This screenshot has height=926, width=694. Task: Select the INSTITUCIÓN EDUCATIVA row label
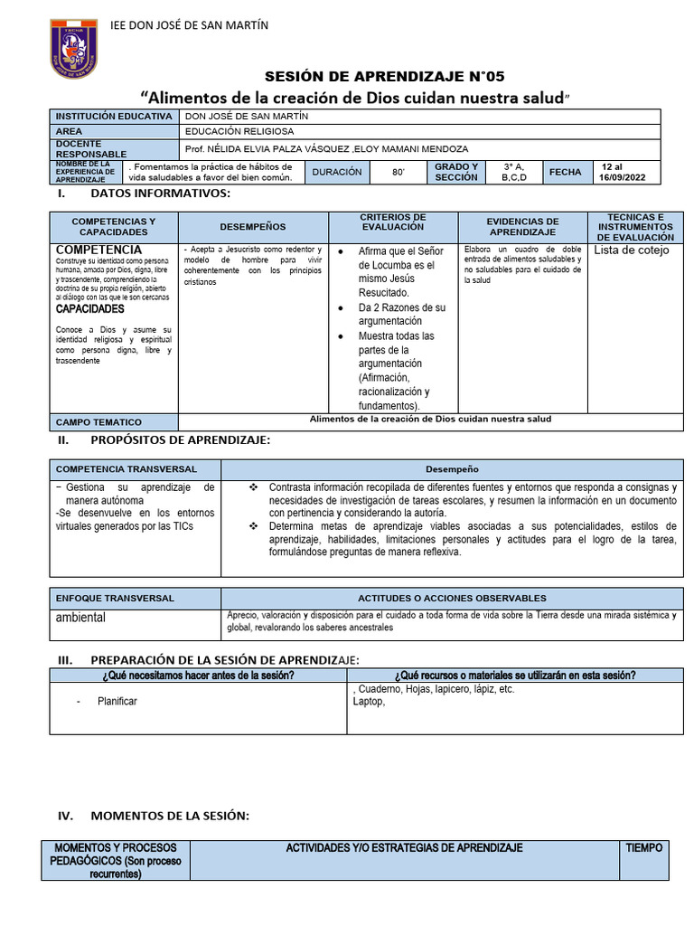pyautogui.click(x=114, y=117)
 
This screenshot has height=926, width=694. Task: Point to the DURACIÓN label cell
pyautogui.click(x=336, y=172)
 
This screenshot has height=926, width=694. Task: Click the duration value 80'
pyautogui.click(x=399, y=172)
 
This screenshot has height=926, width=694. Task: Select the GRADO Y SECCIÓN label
pyautogui.click(x=455, y=172)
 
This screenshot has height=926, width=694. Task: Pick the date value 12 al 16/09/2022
pyautogui.click(x=624, y=172)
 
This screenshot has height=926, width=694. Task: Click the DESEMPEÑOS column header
pyautogui.click(x=252, y=227)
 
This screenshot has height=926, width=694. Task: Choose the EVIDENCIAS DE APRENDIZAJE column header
pyautogui.click(x=522, y=227)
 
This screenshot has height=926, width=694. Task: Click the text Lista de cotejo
pyautogui.click(x=631, y=250)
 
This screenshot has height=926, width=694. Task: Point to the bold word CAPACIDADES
pyautogui.click(x=90, y=308)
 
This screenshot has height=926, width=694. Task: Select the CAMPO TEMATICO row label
pyautogui.click(x=99, y=422)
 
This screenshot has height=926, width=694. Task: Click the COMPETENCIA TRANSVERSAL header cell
pyautogui.click(x=126, y=469)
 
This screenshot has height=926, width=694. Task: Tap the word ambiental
pyautogui.click(x=80, y=618)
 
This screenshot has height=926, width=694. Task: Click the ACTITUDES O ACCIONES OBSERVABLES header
pyautogui.click(x=452, y=598)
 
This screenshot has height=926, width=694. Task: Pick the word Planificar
pyautogui.click(x=117, y=701)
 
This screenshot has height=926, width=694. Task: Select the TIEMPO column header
pyautogui.click(x=644, y=848)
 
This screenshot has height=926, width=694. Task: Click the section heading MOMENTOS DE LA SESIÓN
pyautogui.click(x=169, y=816)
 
